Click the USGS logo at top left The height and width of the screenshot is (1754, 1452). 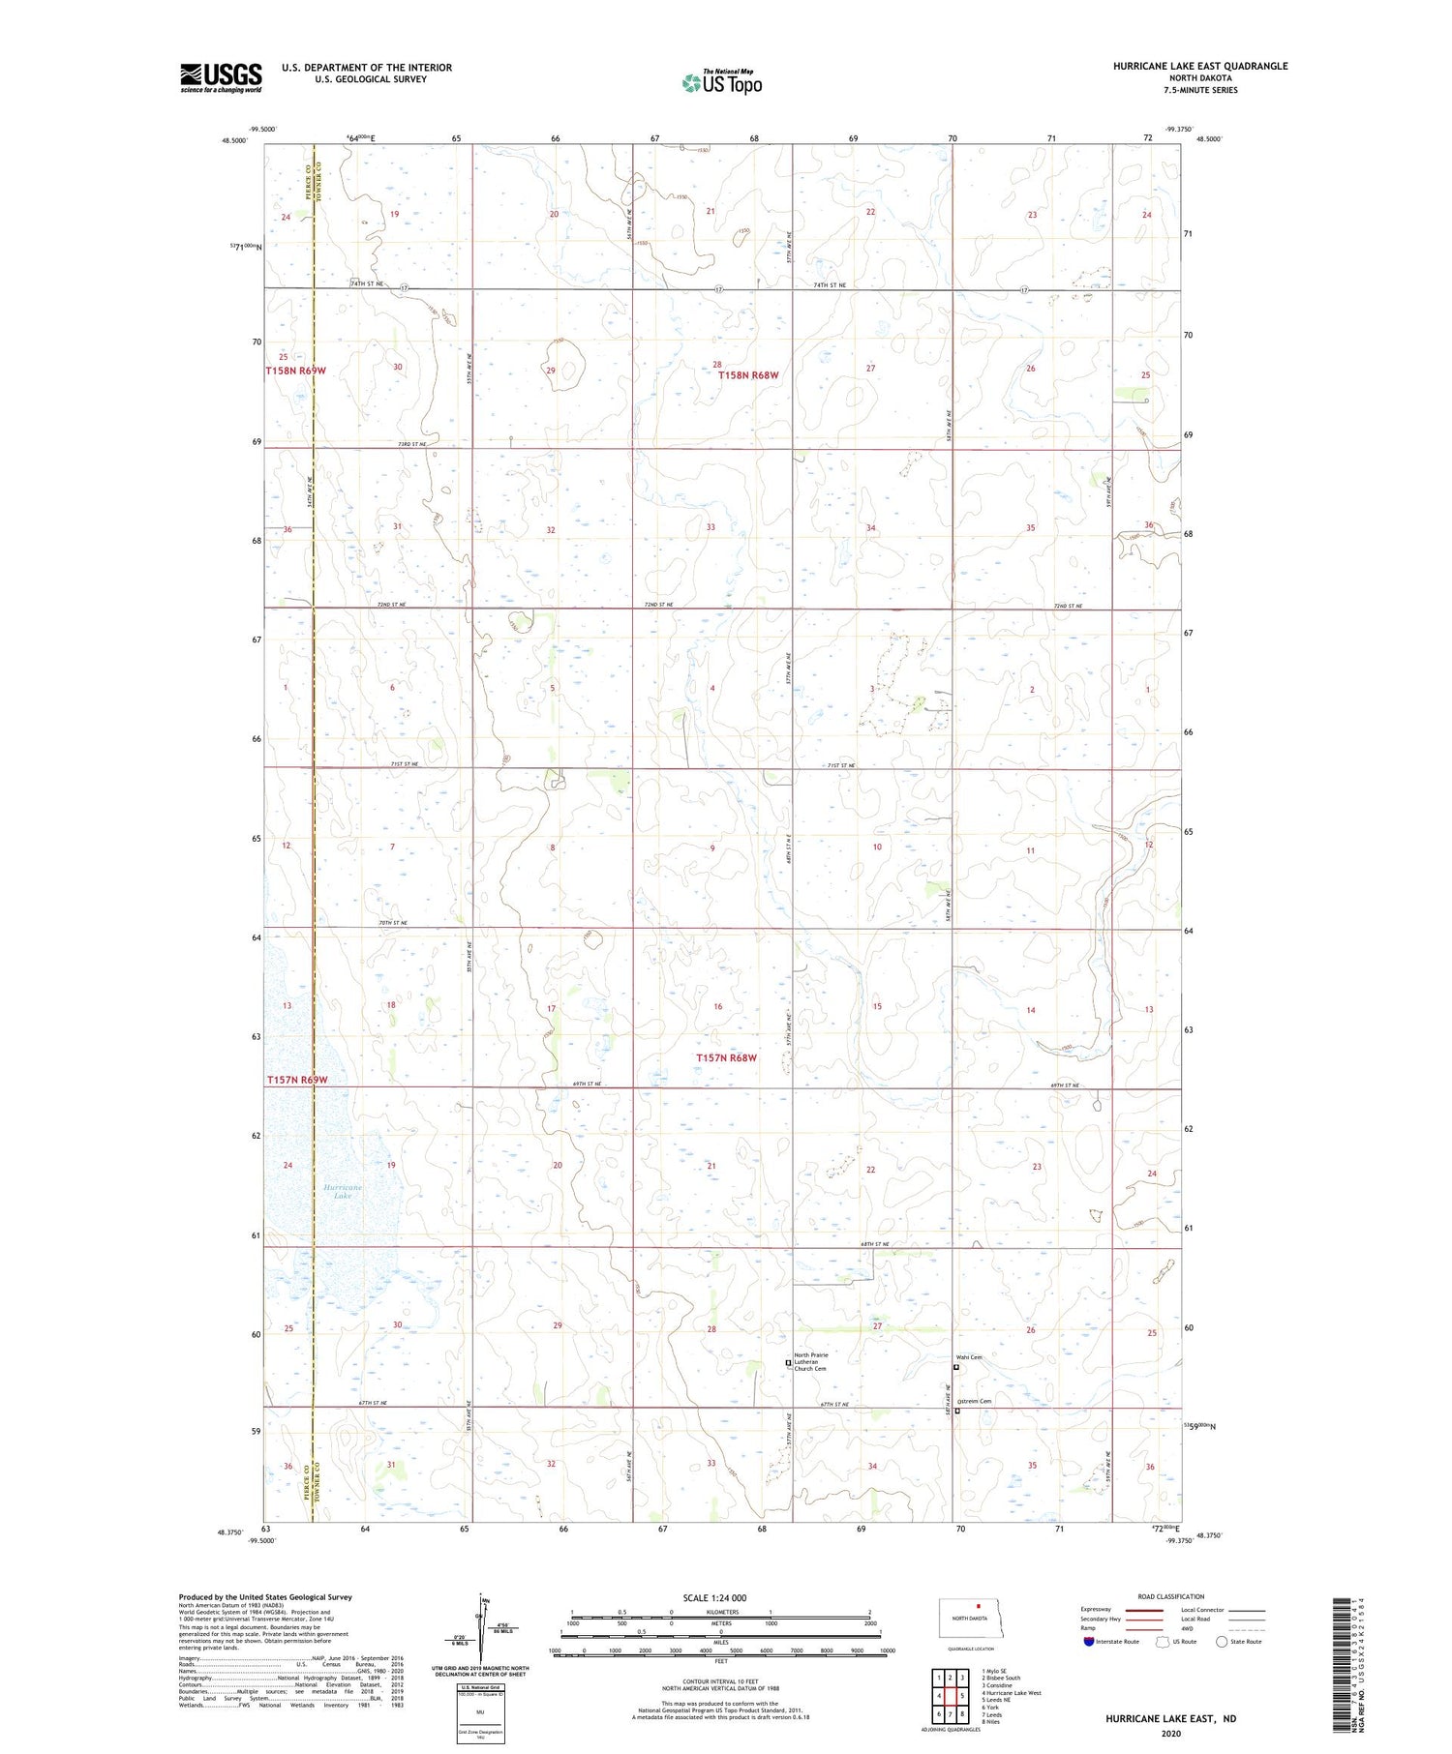point(221,77)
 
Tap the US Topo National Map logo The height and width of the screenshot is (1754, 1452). point(722,82)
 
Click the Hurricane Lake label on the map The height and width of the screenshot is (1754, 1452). point(343,1191)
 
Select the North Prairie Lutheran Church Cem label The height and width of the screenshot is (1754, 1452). point(811,1361)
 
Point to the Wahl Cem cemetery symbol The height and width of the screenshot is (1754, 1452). point(956,1367)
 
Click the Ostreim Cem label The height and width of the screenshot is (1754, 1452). point(975,1401)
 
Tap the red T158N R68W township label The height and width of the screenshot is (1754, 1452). point(748,374)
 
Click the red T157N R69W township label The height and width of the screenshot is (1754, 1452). point(297,1080)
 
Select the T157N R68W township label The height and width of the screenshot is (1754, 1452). point(726,1058)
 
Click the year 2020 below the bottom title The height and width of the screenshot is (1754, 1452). point(1170,1734)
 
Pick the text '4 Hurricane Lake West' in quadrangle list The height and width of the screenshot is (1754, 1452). point(1012,1693)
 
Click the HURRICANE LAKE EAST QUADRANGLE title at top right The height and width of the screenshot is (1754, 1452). point(1199,66)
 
